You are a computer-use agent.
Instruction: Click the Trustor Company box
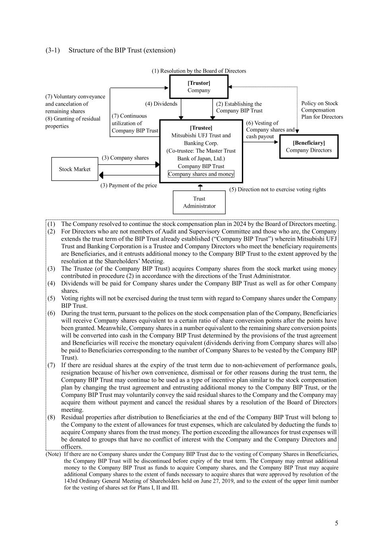coord(199,86)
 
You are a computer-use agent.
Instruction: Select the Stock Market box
coord(74,169)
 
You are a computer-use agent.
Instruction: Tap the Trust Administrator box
coord(199,202)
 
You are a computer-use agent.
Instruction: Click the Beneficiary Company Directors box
coord(308,146)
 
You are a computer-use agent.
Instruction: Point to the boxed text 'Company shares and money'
coord(201,174)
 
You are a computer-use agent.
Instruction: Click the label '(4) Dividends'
coord(161,104)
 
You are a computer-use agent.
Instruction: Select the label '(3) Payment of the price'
coord(129,185)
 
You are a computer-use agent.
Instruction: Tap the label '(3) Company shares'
coord(125,158)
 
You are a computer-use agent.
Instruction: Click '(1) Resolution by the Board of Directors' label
coord(199,71)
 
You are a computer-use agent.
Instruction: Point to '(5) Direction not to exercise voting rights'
coord(277,189)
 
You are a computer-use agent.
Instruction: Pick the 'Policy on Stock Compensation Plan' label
coord(322,110)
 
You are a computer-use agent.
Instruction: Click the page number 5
coord(337,523)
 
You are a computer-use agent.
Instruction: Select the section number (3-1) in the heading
coord(53,50)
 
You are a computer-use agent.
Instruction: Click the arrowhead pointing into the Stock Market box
coord(101,175)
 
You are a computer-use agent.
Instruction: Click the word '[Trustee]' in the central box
coord(201,128)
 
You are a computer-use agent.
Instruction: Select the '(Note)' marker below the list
coord(53,454)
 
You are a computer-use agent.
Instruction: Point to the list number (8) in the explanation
coord(51,417)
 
